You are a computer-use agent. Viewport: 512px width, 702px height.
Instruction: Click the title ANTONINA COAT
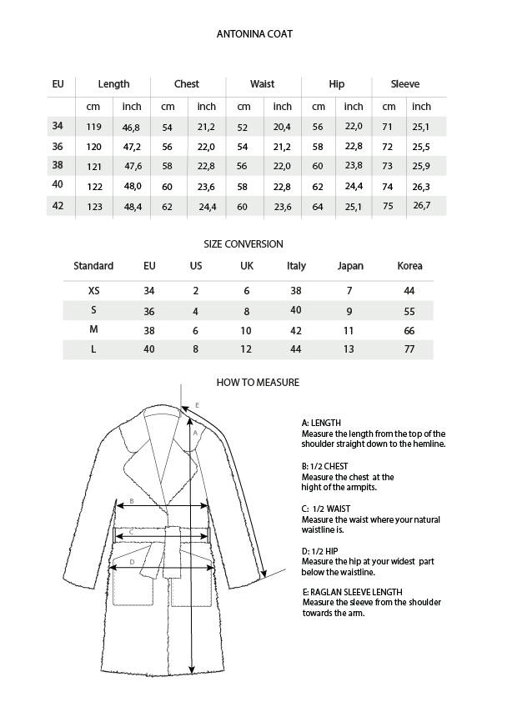tap(253, 34)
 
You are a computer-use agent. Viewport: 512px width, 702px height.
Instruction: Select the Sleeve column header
tap(405, 84)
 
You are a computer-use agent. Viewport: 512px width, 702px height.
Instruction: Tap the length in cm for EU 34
tap(94, 127)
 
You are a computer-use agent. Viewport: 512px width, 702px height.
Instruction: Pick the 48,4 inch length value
tap(132, 207)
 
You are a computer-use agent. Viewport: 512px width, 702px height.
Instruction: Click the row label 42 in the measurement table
tap(58, 206)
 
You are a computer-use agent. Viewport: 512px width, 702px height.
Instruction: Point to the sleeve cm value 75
tap(388, 207)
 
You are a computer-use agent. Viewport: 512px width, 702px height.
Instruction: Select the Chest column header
tap(187, 84)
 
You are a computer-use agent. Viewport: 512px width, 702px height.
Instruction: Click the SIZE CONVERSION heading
tap(243, 244)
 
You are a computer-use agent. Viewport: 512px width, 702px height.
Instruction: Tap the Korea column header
tap(409, 266)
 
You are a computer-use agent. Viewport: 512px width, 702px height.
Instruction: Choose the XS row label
tap(93, 291)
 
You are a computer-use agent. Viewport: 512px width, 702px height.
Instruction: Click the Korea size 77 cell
tap(409, 349)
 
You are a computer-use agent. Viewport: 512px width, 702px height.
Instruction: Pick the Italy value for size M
tap(296, 330)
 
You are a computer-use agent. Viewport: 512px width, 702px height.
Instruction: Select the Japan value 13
tap(349, 349)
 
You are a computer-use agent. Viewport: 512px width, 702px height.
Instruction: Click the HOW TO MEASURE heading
tap(258, 383)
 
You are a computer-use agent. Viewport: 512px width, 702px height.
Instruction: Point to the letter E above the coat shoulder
tap(197, 405)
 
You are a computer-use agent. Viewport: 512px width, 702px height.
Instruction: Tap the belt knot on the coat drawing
tap(174, 534)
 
